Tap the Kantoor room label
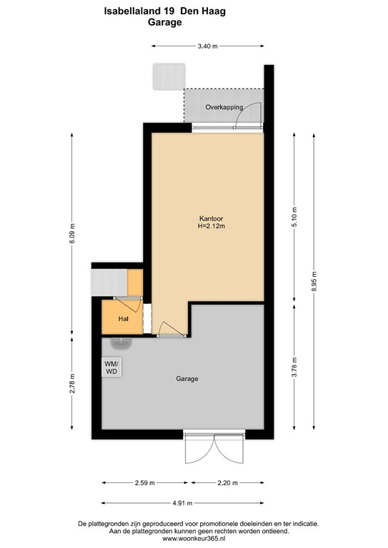(x=212, y=218)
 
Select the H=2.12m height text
(x=212, y=227)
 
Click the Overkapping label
(x=224, y=107)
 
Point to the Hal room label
(x=123, y=319)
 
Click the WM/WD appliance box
(x=112, y=367)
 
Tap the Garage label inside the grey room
(x=186, y=379)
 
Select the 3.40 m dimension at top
(x=207, y=46)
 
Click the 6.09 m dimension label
(x=72, y=235)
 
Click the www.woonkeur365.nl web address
(x=194, y=539)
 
